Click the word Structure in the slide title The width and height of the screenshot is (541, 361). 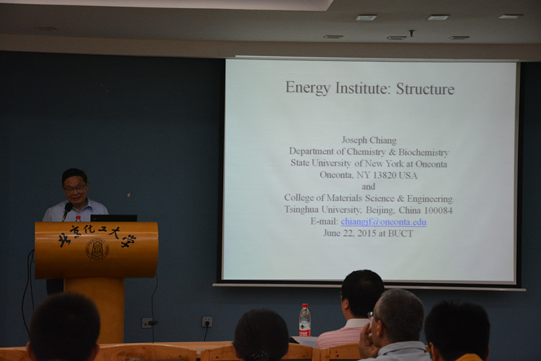[425, 89]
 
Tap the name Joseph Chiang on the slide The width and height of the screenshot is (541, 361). [369, 140]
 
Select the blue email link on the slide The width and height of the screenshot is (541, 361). [383, 221]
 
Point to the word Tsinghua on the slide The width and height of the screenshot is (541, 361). [301, 210]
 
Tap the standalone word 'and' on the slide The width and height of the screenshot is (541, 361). [368, 186]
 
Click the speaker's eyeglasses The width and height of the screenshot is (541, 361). [75, 188]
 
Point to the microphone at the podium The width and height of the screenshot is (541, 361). [67, 210]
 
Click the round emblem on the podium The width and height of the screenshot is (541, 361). [97, 249]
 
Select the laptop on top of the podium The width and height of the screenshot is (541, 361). [114, 218]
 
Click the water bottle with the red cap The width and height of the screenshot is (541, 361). [304, 320]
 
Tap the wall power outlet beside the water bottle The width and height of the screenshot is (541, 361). [207, 322]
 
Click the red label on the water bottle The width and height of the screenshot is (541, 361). [304, 333]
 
